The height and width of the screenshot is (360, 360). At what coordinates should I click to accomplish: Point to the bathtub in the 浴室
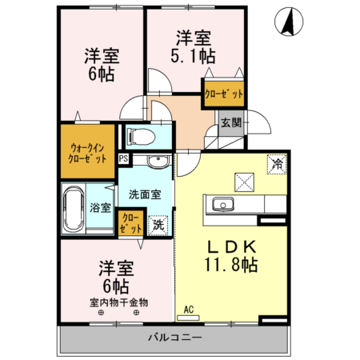click(74, 207)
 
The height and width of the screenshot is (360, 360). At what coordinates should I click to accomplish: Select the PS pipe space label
click(123, 159)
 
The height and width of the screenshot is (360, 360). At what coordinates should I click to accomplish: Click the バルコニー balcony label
click(174, 338)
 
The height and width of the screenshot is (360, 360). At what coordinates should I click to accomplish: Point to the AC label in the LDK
click(189, 309)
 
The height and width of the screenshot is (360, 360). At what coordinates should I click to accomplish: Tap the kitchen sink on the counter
click(221, 206)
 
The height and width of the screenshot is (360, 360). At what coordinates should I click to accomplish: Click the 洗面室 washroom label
click(145, 193)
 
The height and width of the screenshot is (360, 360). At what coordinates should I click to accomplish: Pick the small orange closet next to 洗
click(128, 222)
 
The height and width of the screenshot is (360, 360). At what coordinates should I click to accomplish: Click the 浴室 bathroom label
click(101, 208)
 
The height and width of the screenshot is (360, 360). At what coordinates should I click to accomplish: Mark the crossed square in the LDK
click(243, 182)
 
